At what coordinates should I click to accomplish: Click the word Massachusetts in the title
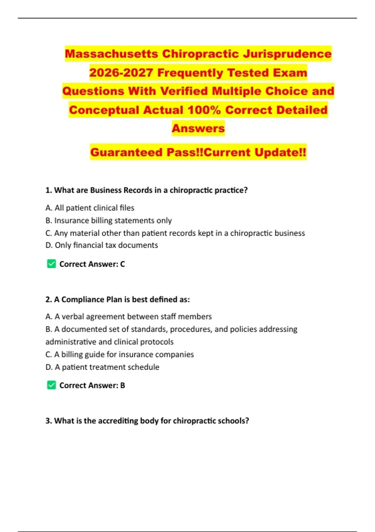point(111,54)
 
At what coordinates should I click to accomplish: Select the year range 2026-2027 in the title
point(121,73)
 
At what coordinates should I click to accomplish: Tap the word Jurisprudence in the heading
point(287,54)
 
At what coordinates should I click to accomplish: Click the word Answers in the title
point(198,128)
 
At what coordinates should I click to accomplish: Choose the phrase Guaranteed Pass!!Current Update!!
point(198,152)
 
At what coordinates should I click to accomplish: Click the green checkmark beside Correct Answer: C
point(52,264)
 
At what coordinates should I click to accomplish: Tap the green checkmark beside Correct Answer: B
point(52,385)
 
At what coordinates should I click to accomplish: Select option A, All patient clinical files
point(90,208)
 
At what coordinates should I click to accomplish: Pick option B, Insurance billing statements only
point(108,221)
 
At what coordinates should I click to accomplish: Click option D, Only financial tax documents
point(102,245)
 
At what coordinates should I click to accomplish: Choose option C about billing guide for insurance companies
point(119,354)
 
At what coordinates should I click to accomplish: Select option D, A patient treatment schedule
point(102,367)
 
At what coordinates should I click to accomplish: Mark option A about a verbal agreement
point(128,316)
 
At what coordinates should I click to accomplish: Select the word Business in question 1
point(105,190)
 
